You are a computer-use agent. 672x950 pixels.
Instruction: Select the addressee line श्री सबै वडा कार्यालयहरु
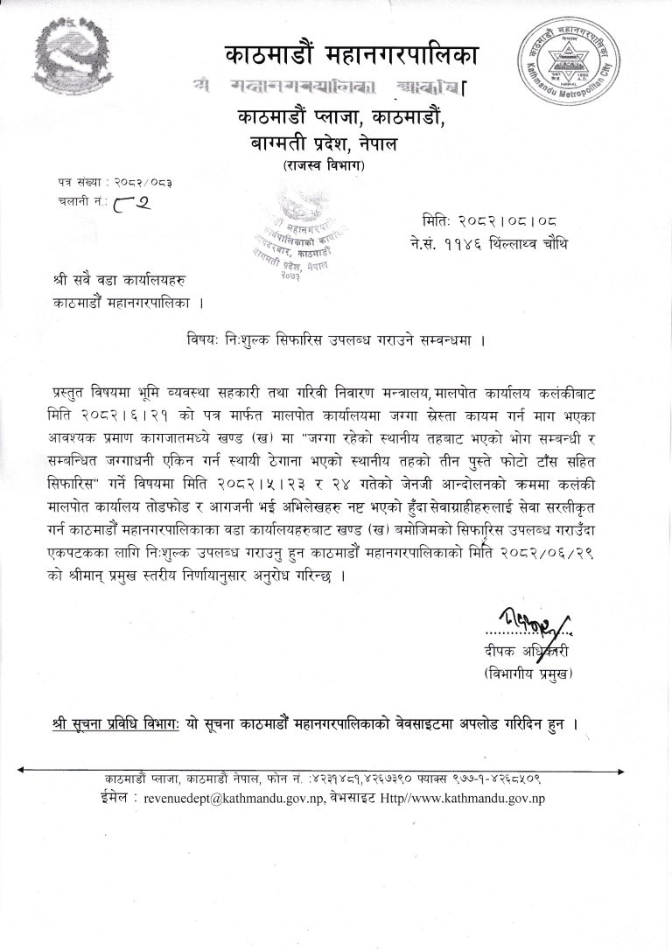[119, 283]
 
